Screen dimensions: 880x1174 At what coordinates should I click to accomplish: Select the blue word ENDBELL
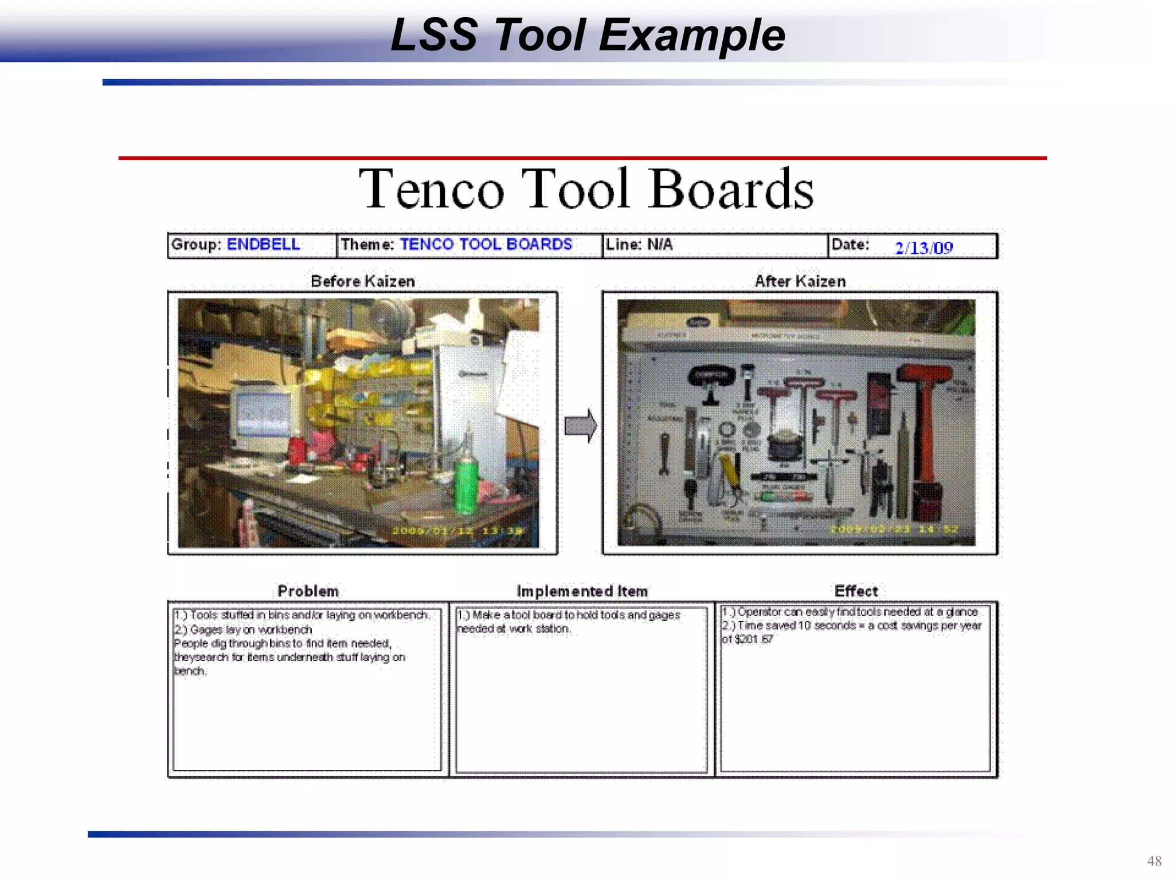point(263,245)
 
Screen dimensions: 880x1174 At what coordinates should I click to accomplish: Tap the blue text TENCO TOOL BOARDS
point(486,245)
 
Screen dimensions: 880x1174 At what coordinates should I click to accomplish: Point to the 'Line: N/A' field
point(639,245)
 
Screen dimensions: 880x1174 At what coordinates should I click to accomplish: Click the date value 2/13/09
point(923,247)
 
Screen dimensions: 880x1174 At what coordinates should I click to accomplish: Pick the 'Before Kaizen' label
point(362,281)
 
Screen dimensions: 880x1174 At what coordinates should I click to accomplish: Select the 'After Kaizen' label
point(800,281)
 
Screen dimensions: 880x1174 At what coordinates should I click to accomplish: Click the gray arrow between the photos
point(581,426)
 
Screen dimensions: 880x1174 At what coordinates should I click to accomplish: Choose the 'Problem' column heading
point(308,591)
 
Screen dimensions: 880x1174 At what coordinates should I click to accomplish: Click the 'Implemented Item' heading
point(582,591)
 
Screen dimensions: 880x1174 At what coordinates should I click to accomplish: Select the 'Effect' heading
point(856,591)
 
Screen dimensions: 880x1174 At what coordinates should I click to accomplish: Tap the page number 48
point(1154,861)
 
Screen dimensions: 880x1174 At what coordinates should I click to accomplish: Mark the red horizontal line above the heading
point(582,158)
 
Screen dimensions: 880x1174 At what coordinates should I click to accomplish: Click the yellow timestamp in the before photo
point(457,531)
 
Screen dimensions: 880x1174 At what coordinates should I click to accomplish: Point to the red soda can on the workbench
point(296,450)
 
